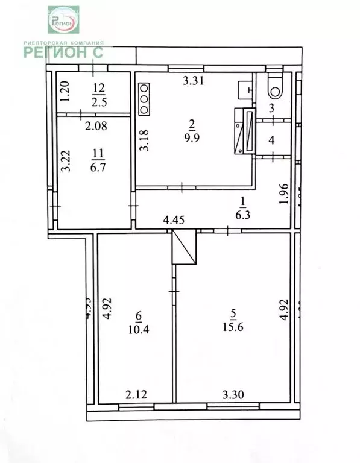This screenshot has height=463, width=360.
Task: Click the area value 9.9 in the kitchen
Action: coord(192,136)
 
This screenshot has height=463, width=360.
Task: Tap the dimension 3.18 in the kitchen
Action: coord(143,140)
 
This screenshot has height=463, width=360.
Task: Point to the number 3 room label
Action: coord(271,109)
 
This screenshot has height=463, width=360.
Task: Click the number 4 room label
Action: coord(271,140)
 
